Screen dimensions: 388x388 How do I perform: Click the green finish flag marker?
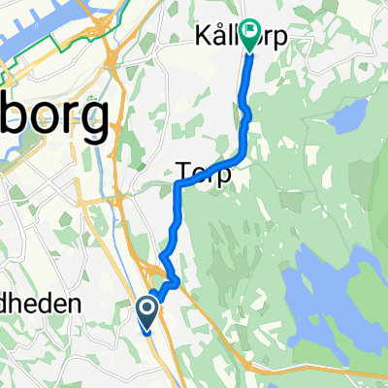point(251,37)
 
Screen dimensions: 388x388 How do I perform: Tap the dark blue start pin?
point(147,313)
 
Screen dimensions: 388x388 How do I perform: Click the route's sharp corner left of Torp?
point(178,182)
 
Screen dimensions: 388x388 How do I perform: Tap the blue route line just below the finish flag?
point(247,73)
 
